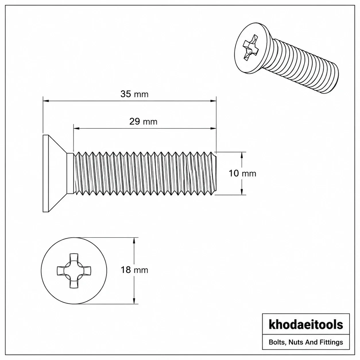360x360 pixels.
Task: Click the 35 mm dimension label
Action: click(x=134, y=94)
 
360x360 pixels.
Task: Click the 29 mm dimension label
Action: click(x=143, y=122)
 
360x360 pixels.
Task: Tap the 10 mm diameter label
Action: click(x=242, y=173)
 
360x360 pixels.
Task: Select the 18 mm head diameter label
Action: click(x=134, y=270)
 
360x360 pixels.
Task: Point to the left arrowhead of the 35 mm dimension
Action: click(x=46, y=101)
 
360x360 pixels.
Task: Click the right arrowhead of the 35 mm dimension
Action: click(x=213, y=101)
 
